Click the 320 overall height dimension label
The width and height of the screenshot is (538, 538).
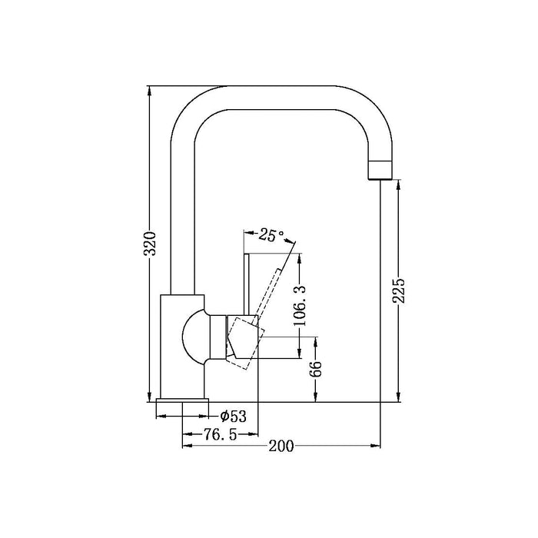click(x=150, y=244)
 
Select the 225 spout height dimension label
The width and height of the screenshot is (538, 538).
click(x=399, y=291)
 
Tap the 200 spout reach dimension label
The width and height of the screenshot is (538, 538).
click(x=281, y=446)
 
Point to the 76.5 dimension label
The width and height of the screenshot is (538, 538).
click(x=221, y=434)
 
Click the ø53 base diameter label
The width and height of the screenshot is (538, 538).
click(x=234, y=417)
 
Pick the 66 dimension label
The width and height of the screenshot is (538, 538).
click(x=316, y=369)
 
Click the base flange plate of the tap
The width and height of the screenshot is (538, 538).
click(x=182, y=400)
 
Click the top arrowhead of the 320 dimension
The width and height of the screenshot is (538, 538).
click(x=149, y=90)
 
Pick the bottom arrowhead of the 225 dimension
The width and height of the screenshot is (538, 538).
click(x=398, y=397)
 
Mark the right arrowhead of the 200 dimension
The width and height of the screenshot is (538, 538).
click(x=376, y=446)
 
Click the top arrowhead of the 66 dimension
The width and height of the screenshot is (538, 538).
click(x=315, y=341)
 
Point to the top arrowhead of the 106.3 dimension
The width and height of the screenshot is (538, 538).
click(x=300, y=258)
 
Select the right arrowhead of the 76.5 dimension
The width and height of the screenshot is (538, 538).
click(x=253, y=434)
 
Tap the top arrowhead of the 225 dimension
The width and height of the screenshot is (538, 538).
click(x=398, y=184)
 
